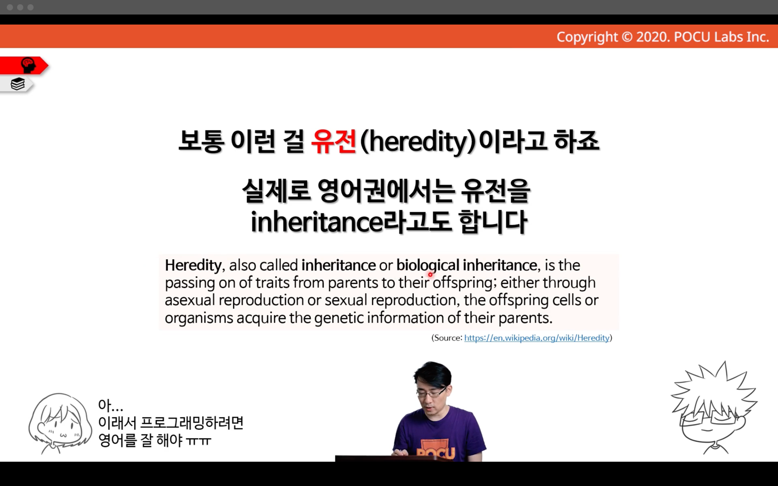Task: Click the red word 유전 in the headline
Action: (333, 141)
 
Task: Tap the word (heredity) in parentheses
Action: (417, 142)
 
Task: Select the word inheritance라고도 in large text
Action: (351, 222)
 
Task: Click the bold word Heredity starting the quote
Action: (193, 265)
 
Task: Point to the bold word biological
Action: (428, 265)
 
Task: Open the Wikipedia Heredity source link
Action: (537, 338)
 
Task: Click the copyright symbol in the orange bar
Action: (627, 37)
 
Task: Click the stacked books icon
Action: (17, 84)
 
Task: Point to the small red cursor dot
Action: (430, 275)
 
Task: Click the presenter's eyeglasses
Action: (431, 393)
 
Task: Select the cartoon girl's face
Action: (61, 424)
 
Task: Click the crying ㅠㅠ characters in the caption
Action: (199, 441)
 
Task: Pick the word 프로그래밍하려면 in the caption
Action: (192, 423)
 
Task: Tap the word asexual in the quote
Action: (190, 300)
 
